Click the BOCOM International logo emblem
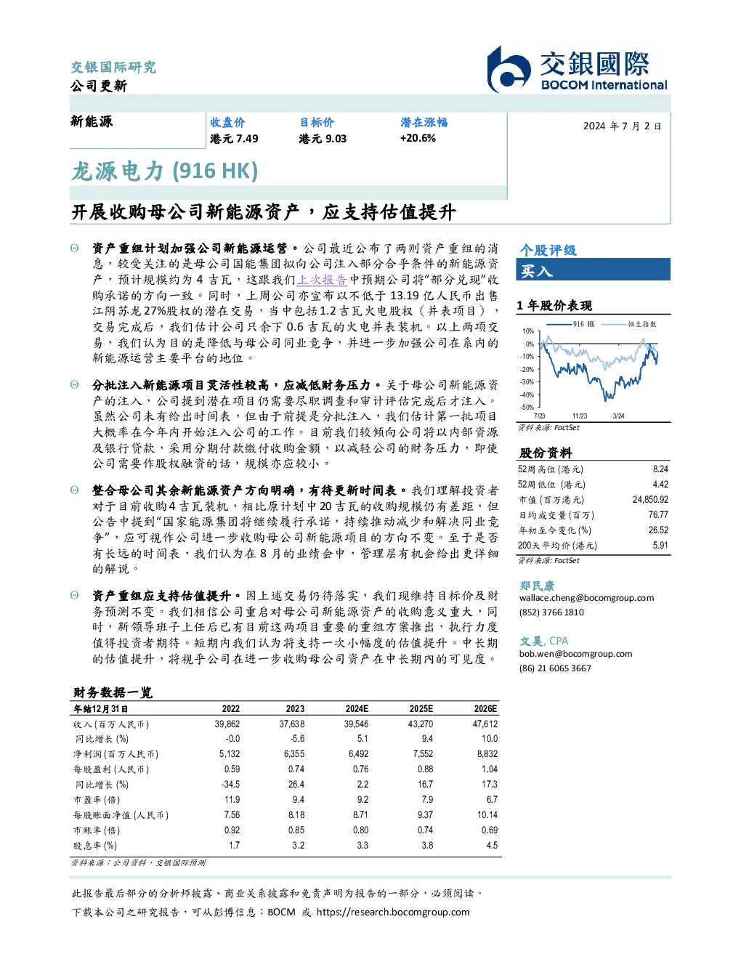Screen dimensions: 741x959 click(509, 70)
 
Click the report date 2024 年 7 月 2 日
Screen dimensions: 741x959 click(623, 126)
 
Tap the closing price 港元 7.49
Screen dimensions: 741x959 click(234, 139)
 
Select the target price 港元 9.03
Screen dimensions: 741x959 click(323, 139)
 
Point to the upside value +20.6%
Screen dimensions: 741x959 click(418, 138)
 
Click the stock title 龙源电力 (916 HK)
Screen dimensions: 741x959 click(165, 171)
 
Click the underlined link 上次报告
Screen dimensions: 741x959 click(322, 280)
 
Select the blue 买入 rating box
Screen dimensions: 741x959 click(593, 270)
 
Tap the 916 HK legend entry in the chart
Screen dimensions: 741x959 click(571, 324)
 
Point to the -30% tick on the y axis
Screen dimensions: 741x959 click(527, 382)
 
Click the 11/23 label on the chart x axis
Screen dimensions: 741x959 click(580, 416)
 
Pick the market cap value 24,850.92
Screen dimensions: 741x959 click(650, 500)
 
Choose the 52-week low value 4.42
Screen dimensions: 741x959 click(660, 485)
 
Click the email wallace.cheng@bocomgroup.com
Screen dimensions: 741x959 click(586, 598)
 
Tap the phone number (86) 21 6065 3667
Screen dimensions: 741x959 click(555, 668)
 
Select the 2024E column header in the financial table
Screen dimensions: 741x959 click(357, 709)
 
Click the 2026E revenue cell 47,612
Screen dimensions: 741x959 click(485, 724)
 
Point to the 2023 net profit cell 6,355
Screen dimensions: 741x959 click(294, 754)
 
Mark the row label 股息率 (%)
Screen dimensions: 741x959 click(95, 846)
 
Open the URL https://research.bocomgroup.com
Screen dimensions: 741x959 click(393, 913)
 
